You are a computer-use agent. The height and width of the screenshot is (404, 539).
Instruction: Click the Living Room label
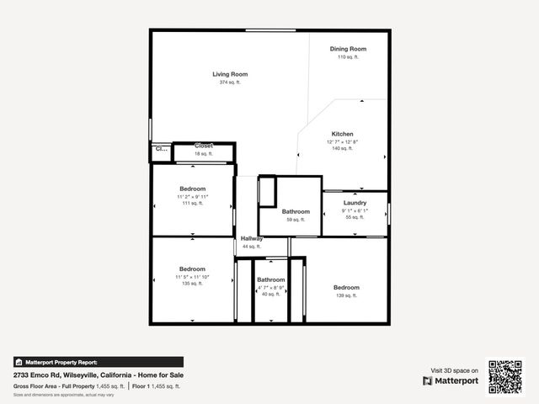pyautogui.click(x=229, y=74)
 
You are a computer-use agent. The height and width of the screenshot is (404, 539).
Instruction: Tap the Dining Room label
pyautogui.click(x=348, y=49)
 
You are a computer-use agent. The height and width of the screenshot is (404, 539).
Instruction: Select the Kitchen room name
pyautogui.click(x=342, y=134)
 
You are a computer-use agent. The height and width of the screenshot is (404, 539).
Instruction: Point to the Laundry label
pyautogui.click(x=355, y=203)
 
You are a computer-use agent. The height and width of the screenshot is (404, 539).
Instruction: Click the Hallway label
pyautogui.click(x=252, y=239)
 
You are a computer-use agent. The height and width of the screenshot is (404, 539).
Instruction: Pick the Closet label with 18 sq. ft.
pyautogui.click(x=204, y=146)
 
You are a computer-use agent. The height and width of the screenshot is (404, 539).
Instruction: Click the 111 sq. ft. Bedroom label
pyautogui.click(x=192, y=189)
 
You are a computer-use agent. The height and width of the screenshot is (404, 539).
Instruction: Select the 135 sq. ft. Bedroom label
pyautogui.click(x=192, y=269)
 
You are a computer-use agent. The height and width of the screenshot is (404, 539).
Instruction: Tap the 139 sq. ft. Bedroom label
pyautogui.click(x=346, y=287)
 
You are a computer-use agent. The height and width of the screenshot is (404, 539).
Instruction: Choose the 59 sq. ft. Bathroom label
pyautogui.click(x=296, y=212)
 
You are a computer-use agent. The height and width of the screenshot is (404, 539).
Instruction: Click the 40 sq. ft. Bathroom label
pyautogui.click(x=270, y=279)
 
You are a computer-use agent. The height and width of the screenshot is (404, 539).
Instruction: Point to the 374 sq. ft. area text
pyautogui.click(x=229, y=82)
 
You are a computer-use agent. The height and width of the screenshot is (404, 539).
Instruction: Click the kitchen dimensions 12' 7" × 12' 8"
pyautogui.click(x=342, y=141)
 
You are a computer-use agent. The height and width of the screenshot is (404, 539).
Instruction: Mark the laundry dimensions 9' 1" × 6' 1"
pyautogui.click(x=355, y=210)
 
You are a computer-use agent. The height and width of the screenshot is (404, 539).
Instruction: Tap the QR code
pyautogui.click(x=505, y=377)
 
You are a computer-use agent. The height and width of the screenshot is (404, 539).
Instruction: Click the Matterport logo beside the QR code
pyautogui.click(x=451, y=380)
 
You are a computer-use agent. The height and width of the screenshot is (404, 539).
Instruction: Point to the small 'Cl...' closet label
pyautogui.click(x=160, y=150)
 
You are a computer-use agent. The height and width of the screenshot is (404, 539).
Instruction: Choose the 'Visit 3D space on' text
pyautogui.click(x=455, y=370)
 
